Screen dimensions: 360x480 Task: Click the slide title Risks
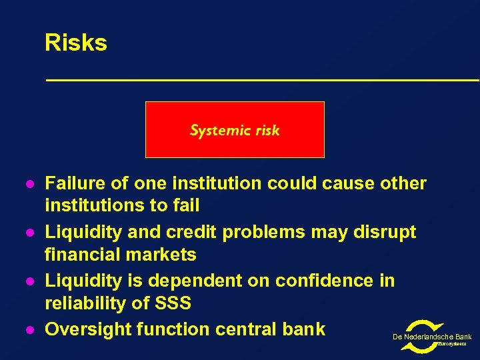pos(75,43)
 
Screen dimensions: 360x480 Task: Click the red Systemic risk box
pos(235,129)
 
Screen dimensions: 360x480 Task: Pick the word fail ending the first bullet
pos(185,205)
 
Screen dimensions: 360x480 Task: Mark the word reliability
pos(83,303)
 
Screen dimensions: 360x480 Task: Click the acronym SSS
pos(172,303)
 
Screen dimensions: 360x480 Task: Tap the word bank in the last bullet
pos(303,329)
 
